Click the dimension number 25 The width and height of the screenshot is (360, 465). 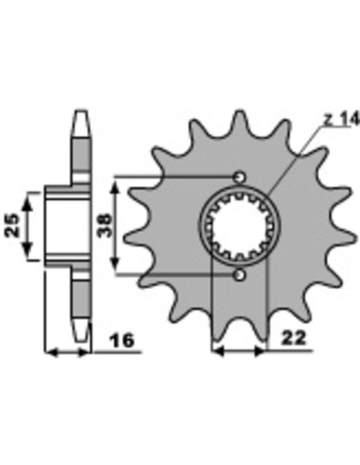[x=13, y=225]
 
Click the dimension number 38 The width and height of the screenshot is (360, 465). [x=105, y=225]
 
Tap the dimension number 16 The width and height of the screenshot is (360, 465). [x=122, y=340]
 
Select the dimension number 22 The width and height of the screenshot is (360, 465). [x=293, y=338]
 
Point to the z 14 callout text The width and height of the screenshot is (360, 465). [x=341, y=119]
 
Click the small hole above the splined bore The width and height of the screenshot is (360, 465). [x=239, y=177]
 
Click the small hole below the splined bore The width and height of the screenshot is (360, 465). [x=239, y=275]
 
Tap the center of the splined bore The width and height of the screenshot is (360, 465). [x=239, y=226]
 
